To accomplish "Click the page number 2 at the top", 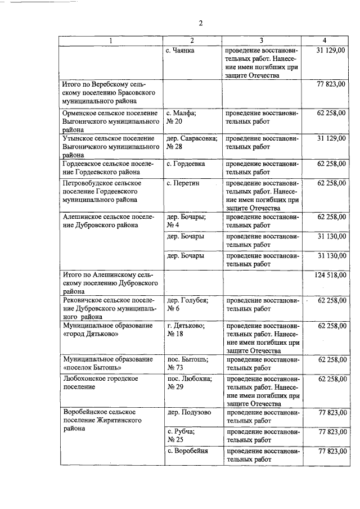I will [x=200, y=23].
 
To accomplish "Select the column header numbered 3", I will [x=262, y=40].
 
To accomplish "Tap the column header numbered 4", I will [x=324, y=40].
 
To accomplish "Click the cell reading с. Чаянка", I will [x=181, y=51].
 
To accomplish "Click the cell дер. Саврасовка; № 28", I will [x=191, y=142].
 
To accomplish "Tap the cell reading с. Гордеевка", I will [x=186, y=163].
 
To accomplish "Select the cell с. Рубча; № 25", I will [x=181, y=435].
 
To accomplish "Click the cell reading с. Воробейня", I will [x=188, y=452].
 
